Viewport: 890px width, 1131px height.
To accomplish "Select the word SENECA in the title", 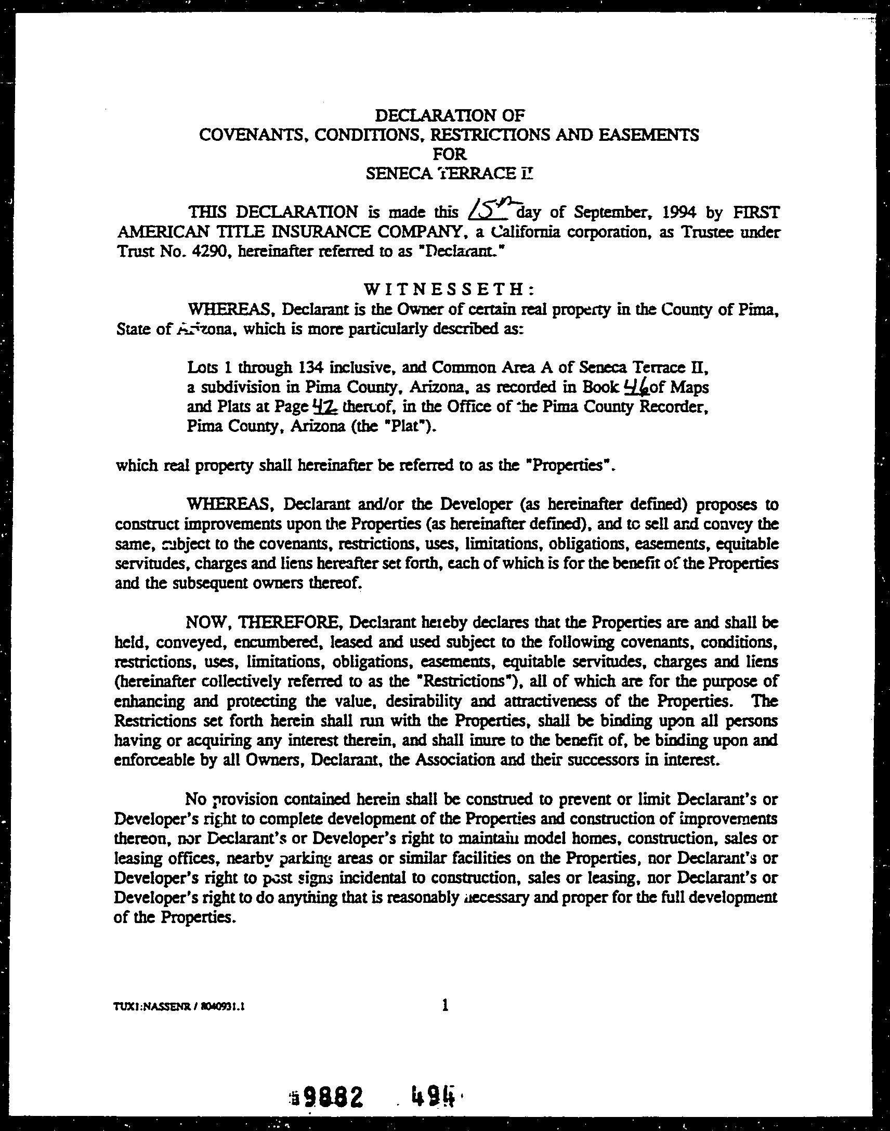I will pyautogui.click(x=398, y=174).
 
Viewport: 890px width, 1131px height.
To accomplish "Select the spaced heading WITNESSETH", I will pyautogui.click(x=448, y=288).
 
